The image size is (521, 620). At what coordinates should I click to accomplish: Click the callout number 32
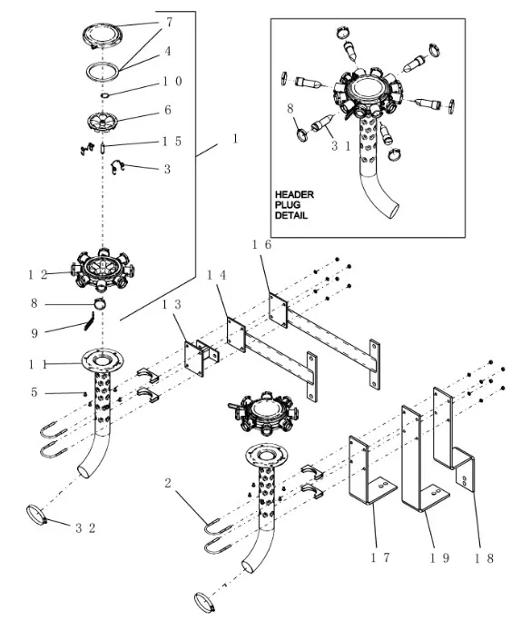point(85,528)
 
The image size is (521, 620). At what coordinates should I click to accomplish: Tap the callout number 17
point(380,557)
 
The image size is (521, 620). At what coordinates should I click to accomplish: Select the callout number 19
point(439,558)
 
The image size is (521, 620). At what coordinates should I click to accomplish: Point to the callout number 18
point(484,558)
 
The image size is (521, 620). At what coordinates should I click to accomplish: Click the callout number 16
point(262,245)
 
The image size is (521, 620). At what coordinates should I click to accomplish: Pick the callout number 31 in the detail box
point(340,146)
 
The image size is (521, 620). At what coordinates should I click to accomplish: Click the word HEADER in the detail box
point(294,194)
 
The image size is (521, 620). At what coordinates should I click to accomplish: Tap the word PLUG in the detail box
point(288,205)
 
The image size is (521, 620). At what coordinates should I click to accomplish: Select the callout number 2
point(168,483)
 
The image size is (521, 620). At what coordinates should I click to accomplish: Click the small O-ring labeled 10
point(104,95)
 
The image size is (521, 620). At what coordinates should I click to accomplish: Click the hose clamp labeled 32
point(37,515)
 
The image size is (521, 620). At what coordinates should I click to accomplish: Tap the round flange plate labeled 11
point(103,359)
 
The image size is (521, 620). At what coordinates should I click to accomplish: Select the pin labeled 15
point(102,147)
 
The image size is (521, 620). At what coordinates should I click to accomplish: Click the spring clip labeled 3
point(117,167)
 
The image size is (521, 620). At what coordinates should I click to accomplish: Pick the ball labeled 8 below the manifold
point(100,304)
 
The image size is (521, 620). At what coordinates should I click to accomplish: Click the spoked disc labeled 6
point(103,122)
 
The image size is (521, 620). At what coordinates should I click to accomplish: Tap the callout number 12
point(37,274)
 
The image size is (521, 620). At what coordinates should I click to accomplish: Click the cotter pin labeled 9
point(89,320)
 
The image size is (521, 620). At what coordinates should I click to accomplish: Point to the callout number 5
point(34,392)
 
